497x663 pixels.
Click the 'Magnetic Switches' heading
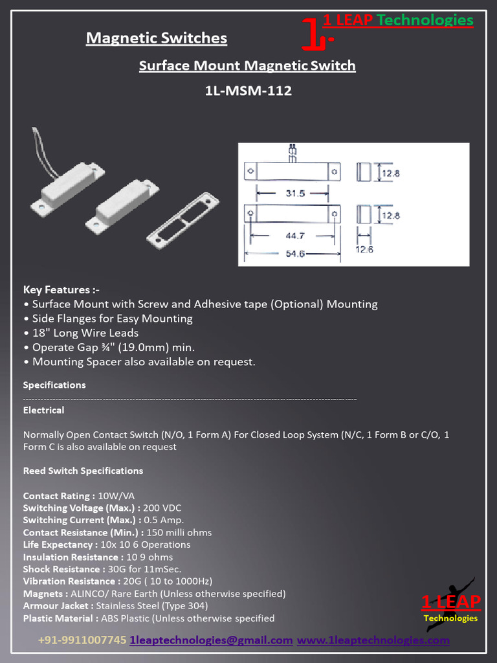pos(157,38)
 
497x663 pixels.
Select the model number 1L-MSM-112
pos(248,91)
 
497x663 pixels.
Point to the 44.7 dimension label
pos(295,236)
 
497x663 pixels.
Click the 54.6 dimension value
pos(295,253)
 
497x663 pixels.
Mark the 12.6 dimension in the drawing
pos(364,249)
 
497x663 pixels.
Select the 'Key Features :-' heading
pos(61,289)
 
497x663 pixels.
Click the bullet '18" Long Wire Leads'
pos(85,333)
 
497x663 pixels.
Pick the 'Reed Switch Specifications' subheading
pos(83,471)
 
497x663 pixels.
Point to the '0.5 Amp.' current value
pos(164,521)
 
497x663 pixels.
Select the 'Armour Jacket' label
pos(57,606)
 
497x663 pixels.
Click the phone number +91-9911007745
pos(82,640)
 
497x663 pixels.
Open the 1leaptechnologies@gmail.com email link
pos(211,640)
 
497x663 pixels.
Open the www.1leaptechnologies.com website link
pos(373,640)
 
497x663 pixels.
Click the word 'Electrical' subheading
pos(43,410)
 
